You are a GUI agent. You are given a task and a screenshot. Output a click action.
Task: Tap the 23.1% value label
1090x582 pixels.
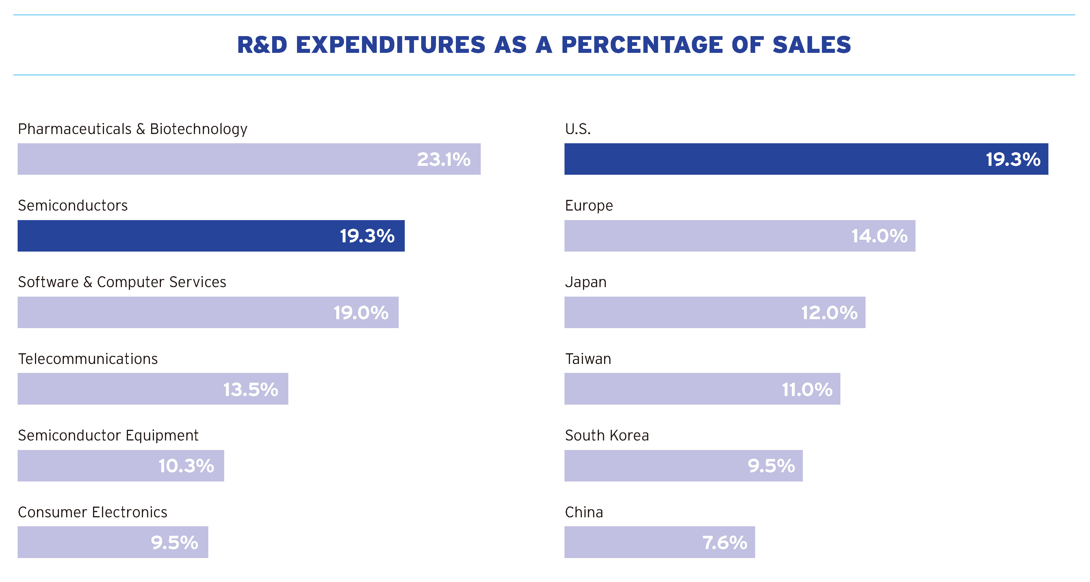(x=443, y=159)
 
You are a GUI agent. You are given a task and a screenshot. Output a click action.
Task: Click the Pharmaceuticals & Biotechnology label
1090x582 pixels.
(x=132, y=129)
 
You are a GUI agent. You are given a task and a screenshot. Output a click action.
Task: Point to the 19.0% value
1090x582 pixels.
(x=361, y=313)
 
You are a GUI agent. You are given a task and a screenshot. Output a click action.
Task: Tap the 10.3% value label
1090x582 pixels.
(x=186, y=466)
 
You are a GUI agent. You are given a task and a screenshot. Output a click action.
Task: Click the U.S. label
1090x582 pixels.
(x=578, y=129)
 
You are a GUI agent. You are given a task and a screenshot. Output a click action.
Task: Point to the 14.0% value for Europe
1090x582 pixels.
(x=879, y=236)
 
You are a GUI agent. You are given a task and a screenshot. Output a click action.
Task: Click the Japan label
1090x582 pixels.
(x=586, y=282)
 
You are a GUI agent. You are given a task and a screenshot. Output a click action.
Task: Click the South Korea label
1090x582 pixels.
(x=607, y=435)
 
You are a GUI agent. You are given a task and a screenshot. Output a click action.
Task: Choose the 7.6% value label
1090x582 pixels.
(x=725, y=542)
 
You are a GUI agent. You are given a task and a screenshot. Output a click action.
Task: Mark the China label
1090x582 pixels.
(x=584, y=512)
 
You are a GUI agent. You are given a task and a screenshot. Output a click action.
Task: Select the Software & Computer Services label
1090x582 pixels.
(x=122, y=282)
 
